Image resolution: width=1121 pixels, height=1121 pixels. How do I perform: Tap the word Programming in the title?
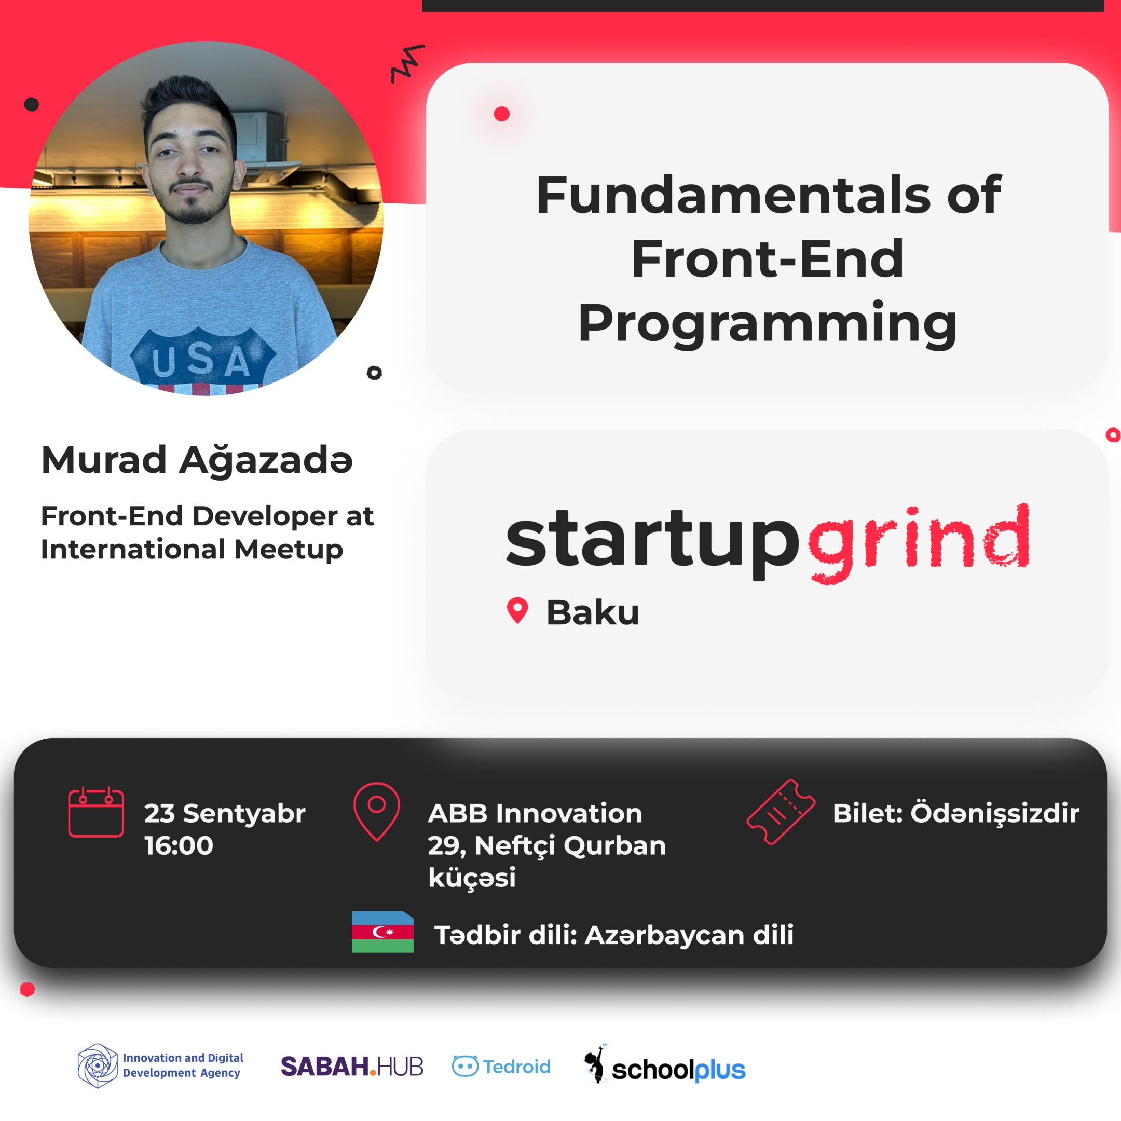click(x=767, y=324)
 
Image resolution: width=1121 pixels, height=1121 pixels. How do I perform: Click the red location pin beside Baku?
click(x=517, y=610)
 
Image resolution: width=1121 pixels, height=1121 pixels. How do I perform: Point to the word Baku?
click(x=592, y=613)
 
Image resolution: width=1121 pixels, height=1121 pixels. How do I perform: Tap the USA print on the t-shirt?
click(x=201, y=361)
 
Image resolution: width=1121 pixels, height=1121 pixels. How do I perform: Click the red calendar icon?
click(x=97, y=812)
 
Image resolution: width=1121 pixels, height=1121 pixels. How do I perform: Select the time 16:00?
click(x=179, y=845)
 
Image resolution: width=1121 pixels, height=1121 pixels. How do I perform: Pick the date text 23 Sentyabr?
click(x=225, y=813)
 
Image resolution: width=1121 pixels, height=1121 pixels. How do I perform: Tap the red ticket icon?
click(x=781, y=812)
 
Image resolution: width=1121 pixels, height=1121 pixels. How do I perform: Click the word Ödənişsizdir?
click(x=994, y=812)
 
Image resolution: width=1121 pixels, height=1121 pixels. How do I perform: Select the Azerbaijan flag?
click(x=382, y=932)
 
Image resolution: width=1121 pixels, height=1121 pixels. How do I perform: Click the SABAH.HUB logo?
click(x=352, y=1067)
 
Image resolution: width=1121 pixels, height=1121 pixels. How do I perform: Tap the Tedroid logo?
click(x=501, y=1067)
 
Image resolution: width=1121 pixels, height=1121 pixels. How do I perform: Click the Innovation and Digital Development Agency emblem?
click(x=98, y=1066)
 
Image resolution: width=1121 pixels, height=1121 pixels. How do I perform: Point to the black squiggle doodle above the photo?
click(x=407, y=63)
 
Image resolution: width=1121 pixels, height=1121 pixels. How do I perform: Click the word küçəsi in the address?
click(x=472, y=877)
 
